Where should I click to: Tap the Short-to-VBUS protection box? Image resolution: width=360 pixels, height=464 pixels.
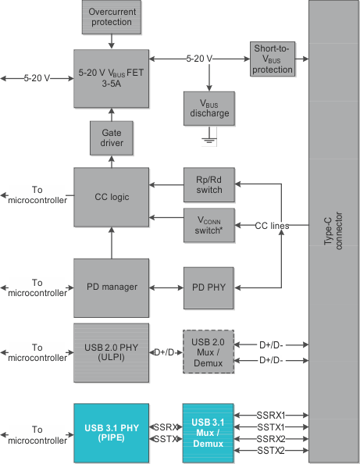273,59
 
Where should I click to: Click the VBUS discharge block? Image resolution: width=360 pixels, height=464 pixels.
209,109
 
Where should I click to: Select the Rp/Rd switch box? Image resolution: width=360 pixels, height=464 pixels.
209,184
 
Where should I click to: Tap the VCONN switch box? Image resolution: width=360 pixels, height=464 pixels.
209,226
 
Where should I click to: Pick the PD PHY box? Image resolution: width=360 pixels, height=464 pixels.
209,287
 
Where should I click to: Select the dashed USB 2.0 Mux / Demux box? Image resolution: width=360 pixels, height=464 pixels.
208,352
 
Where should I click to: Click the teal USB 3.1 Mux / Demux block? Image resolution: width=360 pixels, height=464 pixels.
208,434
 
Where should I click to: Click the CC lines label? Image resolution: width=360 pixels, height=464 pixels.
272,226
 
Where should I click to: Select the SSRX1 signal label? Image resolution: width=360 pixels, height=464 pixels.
269,415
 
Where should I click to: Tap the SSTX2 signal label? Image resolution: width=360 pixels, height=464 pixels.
269,451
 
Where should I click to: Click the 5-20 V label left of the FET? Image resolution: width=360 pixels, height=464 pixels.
37,78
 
